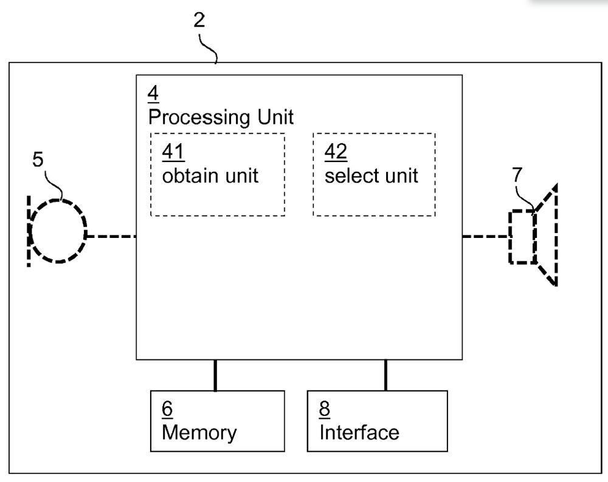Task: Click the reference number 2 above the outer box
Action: tap(199, 20)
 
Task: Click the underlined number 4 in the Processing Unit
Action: tap(153, 95)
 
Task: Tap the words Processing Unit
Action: tap(221, 117)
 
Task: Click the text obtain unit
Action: tap(210, 175)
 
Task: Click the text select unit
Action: tap(371, 175)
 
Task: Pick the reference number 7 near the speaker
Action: tap(517, 175)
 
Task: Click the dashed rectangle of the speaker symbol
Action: tap(522, 237)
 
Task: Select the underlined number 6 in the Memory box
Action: tap(167, 409)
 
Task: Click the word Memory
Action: tap(199, 432)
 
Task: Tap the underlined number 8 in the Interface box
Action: tap(325, 409)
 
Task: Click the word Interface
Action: tap(359, 432)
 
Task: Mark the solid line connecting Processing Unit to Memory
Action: tap(215, 375)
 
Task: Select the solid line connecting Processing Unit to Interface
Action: tap(385, 375)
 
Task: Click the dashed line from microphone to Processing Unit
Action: tap(111, 236)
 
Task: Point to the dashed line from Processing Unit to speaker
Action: tap(485, 236)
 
